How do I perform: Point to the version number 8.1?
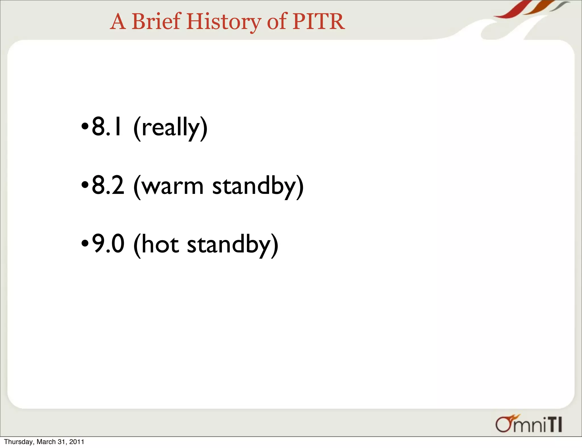(107, 127)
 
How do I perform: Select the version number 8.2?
(108, 185)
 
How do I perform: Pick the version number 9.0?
(108, 244)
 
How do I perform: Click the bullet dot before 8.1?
(85, 126)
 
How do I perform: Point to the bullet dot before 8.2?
(85, 185)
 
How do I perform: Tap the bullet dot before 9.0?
(85, 244)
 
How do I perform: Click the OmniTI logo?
(529, 424)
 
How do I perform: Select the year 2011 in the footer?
(77, 442)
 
